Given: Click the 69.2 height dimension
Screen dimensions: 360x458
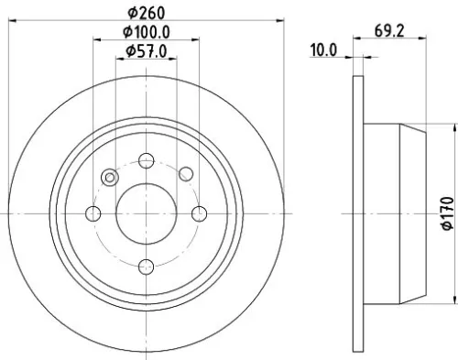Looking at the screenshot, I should [x=390, y=31].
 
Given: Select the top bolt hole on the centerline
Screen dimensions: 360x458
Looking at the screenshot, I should [x=147, y=159].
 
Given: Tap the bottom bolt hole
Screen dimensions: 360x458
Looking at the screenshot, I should [x=147, y=267].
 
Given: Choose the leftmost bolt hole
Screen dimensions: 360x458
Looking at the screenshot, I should [x=93, y=213].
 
